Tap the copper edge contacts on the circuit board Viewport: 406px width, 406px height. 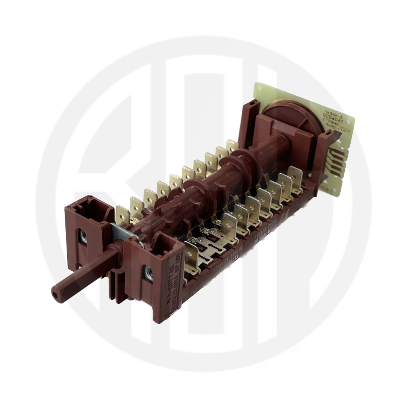point(335,162)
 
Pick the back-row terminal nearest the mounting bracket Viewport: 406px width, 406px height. point(123,214)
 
